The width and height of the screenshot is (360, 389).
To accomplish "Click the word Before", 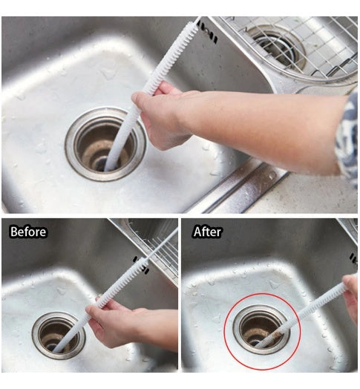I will [28, 232].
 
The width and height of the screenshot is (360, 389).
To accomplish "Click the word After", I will [207, 232].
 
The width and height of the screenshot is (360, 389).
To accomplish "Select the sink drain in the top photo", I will [105, 142].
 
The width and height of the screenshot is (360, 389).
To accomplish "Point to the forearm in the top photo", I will [267, 119].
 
